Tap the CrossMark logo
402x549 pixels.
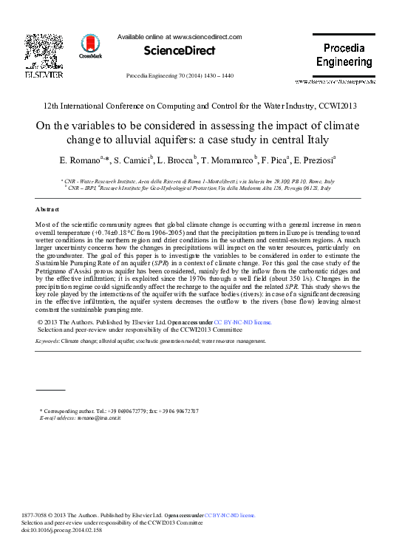point(92,45)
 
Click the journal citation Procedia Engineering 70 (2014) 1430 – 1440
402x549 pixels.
point(180,76)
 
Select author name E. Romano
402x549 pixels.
point(81,160)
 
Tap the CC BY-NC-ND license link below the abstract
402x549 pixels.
point(243,322)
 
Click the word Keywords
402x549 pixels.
point(47,341)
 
